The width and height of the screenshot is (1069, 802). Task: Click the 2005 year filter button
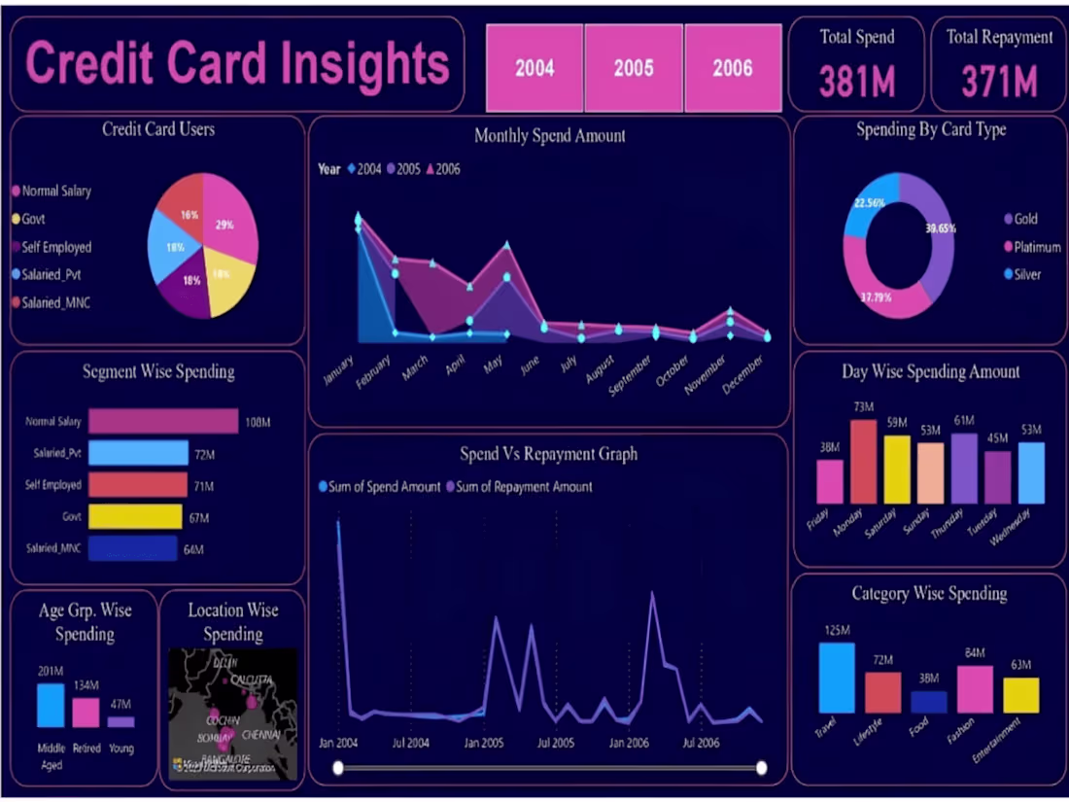(634, 68)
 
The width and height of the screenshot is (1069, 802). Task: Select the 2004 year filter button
(534, 68)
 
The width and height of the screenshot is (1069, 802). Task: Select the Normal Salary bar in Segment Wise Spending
(162, 421)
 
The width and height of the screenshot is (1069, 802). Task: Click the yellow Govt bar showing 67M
(135, 516)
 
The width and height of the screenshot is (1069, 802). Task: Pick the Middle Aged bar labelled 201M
(51, 706)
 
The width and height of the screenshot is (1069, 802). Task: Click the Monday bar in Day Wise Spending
(863, 462)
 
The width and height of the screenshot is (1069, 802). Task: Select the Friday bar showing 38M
(829, 481)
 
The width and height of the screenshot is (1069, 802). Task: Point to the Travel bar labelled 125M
(836, 678)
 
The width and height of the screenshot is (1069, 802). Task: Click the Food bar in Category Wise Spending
(929, 702)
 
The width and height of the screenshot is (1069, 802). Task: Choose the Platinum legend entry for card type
(1036, 247)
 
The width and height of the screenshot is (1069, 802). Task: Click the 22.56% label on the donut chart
(868, 203)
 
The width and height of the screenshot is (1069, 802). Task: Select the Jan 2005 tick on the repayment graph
(483, 743)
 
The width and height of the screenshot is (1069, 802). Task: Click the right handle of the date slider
(762, 768)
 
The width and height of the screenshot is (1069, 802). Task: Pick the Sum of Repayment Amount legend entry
(523, 486)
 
